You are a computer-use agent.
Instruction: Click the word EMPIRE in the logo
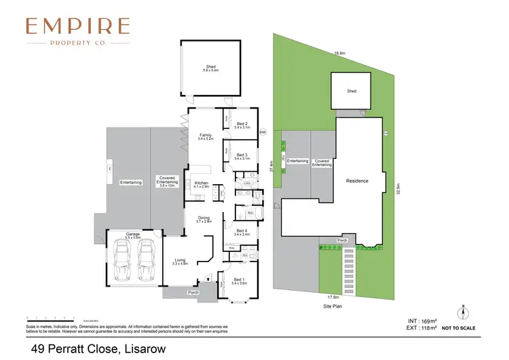(x=77, y=26)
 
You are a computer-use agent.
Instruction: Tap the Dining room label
(x=204, y=219)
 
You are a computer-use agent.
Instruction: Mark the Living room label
(x=180, y=261)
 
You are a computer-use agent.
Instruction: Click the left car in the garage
(x=124, y=263)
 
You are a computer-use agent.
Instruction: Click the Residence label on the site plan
(x=357, y=181)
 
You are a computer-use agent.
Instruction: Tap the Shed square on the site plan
(x=351, y=91)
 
